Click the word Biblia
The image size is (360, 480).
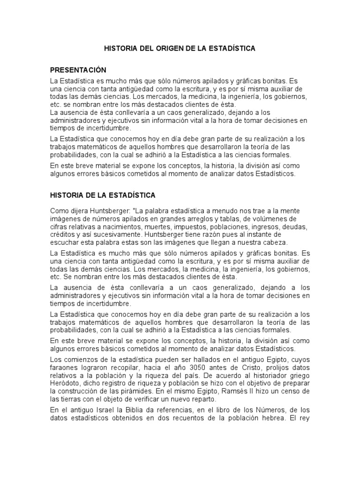pos(142,410)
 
